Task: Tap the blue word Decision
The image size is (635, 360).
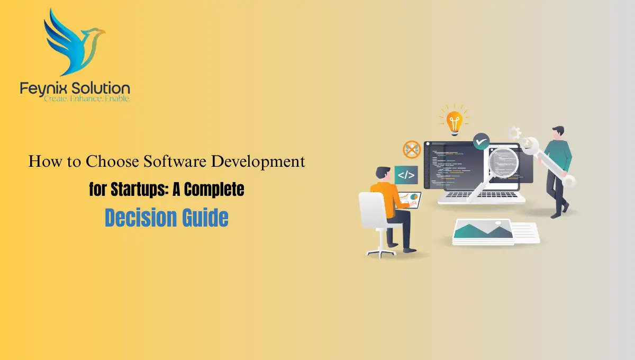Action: point(140,218)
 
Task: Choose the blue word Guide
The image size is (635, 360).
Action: point(206,218)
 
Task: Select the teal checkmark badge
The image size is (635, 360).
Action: point(481,141)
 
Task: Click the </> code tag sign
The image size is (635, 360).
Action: point(406,175)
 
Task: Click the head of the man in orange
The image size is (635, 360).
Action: point(383,173)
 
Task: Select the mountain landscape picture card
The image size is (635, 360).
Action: point(482,231)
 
